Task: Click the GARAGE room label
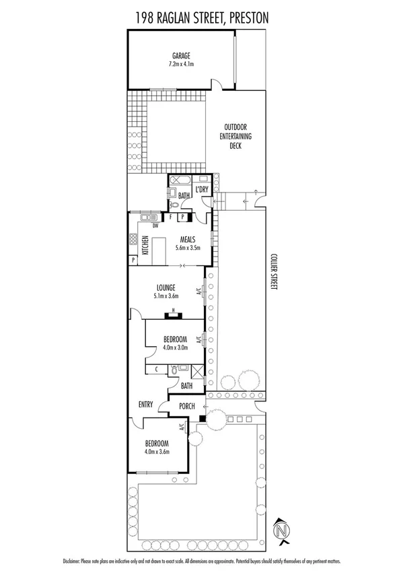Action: [x=180, y=55]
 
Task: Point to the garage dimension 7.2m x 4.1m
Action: [x=180, y=64]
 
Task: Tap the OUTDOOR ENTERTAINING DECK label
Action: [x=237, y=136]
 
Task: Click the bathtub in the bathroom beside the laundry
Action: [x=180, y=180]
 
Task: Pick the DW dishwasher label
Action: [x=155, y=217]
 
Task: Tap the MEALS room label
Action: [x=188, y=239]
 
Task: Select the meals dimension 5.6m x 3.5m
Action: [x=188, y=248]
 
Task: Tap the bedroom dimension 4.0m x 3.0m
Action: [x=175, y=348]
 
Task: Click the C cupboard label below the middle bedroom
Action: [x=156, y=369]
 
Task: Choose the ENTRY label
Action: [x=145, y=405]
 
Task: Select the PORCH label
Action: [x=186, y=406]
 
